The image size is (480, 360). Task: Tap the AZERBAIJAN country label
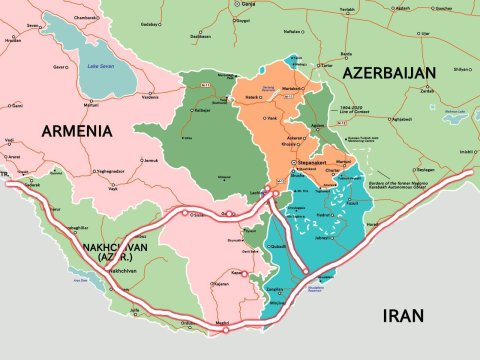coord(390,73)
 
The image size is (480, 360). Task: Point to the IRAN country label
coord(403,316)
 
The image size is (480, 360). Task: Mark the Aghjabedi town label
coord(400,118)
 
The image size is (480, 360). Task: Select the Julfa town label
coord(135,311)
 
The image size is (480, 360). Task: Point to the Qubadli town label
coord(280,246)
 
